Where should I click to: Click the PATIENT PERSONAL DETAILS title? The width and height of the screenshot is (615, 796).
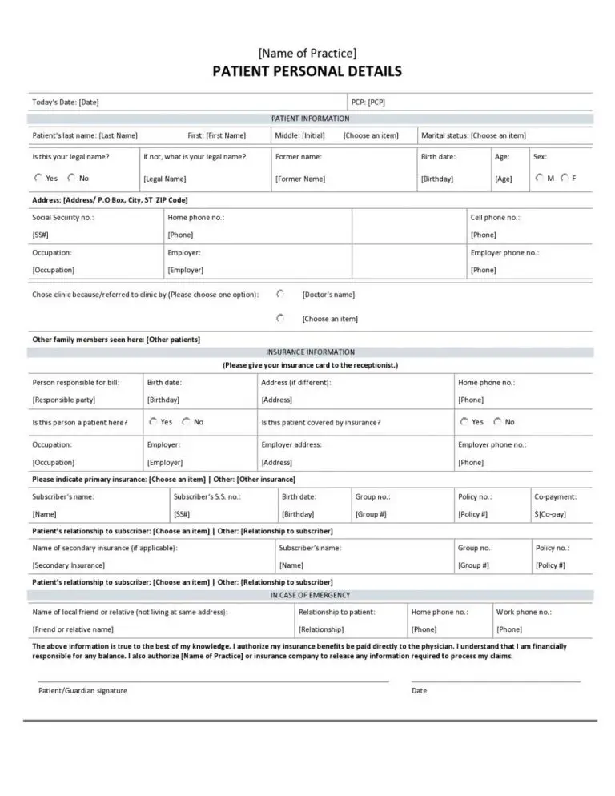307,72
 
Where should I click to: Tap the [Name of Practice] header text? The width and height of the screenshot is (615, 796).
307,53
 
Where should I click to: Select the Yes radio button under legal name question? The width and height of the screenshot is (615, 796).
38,178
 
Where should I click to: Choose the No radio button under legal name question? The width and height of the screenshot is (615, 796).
71,178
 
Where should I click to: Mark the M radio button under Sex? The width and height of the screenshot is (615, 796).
539,178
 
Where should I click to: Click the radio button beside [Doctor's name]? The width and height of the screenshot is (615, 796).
280,294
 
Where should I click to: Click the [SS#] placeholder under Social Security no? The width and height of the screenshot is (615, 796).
41,235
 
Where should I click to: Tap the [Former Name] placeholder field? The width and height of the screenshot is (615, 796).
300,179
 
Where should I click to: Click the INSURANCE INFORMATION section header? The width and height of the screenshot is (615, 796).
310,352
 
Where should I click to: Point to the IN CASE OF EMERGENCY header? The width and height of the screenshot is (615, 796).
310,595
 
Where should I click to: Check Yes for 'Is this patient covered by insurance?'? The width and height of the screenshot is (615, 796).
464,421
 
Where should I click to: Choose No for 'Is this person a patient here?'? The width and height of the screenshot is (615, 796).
186,421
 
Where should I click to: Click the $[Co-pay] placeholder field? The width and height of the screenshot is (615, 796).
550,513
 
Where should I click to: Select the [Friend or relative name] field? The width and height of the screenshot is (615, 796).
73,629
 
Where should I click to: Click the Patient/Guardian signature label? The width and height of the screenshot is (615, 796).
82,690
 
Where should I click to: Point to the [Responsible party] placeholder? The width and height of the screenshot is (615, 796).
64,399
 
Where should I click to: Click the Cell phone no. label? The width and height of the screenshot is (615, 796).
495,217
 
